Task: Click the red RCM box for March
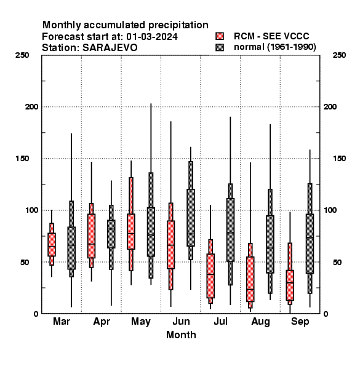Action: point(52,245)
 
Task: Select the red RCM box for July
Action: point(210,276)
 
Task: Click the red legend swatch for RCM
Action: point(220,36)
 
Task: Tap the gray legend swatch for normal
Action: point(220,47)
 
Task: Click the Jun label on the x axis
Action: point(181,322)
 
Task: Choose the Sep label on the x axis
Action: point(300,322)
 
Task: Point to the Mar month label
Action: point(62,322)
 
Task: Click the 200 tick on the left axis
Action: point(31,106)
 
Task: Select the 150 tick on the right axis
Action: point(339,159)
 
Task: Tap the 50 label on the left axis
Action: point(25,262)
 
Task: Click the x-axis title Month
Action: point(181,335)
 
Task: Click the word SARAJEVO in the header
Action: point(110,48)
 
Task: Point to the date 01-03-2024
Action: point(152,37)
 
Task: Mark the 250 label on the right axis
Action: point(339,55)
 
